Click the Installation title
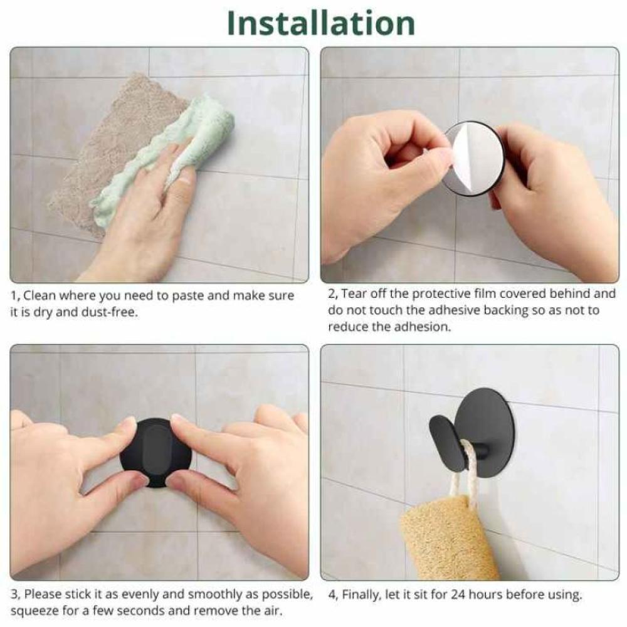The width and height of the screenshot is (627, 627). [x=320, y=23]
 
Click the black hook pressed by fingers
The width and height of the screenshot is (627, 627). [x=155, y=453]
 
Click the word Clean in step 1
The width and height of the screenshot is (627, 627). [x=40, y=295]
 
